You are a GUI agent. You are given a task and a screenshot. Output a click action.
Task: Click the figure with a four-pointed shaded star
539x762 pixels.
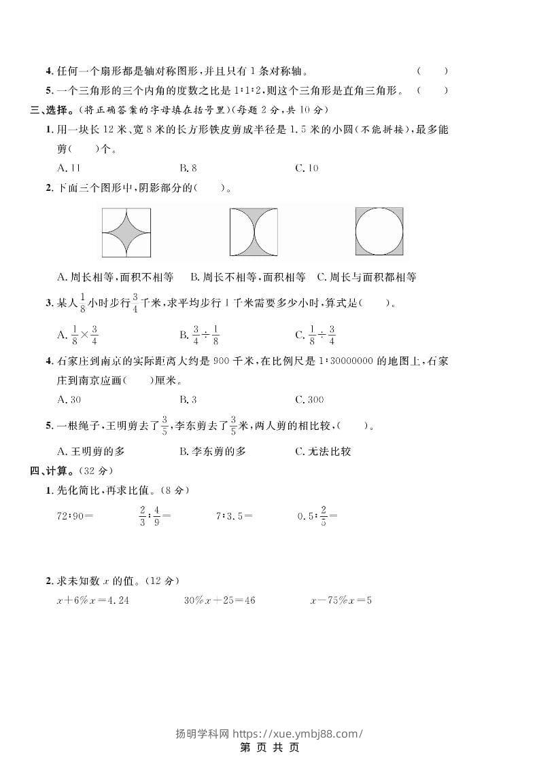(126, 232)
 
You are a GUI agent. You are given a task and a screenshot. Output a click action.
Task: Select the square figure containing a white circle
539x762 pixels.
(379, 232)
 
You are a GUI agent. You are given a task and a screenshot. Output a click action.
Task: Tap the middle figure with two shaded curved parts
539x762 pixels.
(253, 232)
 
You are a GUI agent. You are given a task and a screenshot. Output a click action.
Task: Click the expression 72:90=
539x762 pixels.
(75, 515)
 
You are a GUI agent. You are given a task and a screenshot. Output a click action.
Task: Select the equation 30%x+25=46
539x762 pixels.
(220, 600)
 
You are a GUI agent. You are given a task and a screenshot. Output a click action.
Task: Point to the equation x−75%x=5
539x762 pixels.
(341, 600)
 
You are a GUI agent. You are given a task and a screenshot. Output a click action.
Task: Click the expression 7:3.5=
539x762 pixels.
(234, 515)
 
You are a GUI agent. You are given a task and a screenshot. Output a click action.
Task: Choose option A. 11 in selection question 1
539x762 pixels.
(69, 168)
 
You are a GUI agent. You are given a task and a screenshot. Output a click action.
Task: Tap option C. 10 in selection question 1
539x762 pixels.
(307, 168)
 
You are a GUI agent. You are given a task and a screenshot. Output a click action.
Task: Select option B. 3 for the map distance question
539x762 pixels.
(188, 399)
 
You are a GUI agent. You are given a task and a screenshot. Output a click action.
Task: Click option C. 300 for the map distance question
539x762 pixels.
(309, 399)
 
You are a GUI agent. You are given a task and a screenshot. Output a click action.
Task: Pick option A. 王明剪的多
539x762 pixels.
(91, 451)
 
